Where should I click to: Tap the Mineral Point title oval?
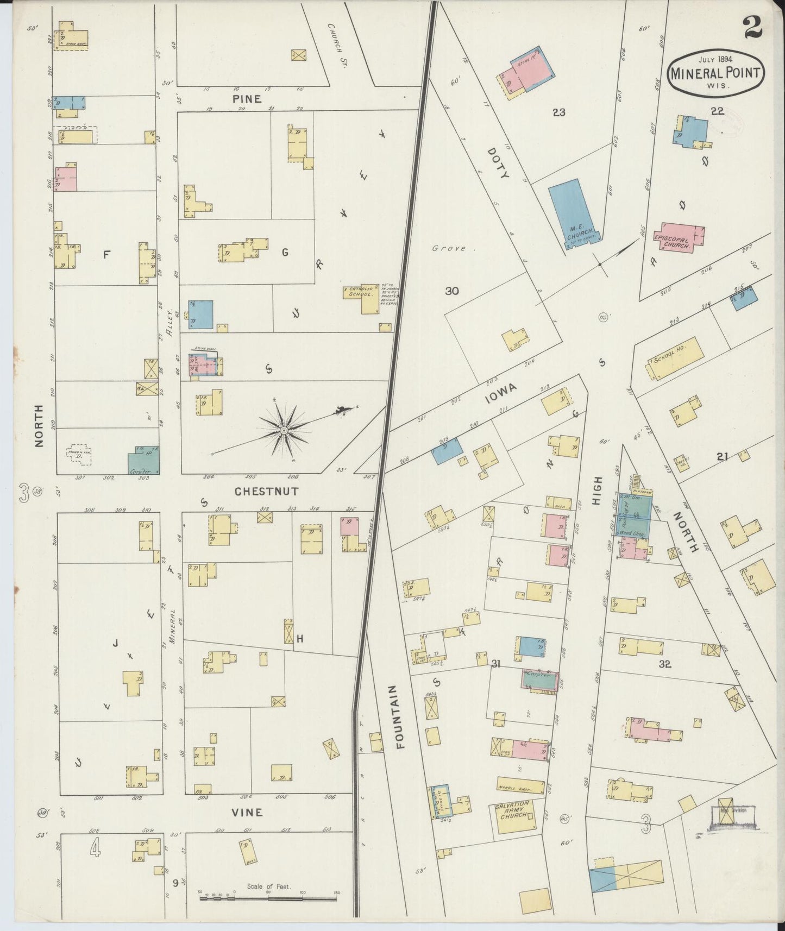pos(715,74)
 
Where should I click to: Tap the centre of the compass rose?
pos(284,430)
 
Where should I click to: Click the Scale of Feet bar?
pos(268,899)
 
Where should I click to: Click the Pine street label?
pos(247,99)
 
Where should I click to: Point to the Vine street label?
pos(247,813)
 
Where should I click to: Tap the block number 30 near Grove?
pos(451,291)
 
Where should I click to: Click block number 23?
pos(559,112)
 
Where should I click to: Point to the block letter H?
pos(299,639)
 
